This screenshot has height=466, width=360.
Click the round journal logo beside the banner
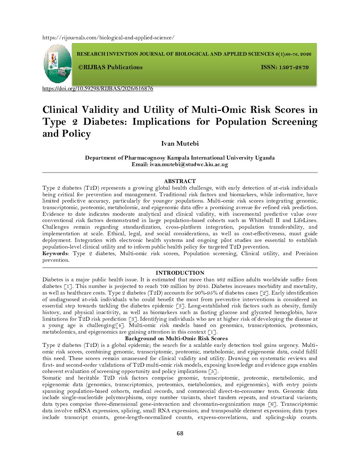[58, 64]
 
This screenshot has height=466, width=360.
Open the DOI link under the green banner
[98, 89]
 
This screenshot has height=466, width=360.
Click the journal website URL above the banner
[108, 38]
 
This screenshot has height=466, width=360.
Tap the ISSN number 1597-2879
[294, 68]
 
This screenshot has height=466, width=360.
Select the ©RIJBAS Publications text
[110, 67]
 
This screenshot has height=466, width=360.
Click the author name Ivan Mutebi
[180, 143]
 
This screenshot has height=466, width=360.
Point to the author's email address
[189, 164]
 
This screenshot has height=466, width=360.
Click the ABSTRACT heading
[180, 181]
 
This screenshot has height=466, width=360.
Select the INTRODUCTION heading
[180, 273]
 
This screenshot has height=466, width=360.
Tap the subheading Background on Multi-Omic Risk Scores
[176, 338]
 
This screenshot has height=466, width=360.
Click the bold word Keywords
[55, 254]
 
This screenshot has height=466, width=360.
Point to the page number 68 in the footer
[180, 433]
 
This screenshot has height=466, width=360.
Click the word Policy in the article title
[76, 134]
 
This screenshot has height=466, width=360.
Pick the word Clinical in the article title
[60, 110]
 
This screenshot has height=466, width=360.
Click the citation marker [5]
[213, 371]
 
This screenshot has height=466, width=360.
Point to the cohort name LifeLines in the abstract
[305, 220]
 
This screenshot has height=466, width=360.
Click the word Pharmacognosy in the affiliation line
[145, 158]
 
